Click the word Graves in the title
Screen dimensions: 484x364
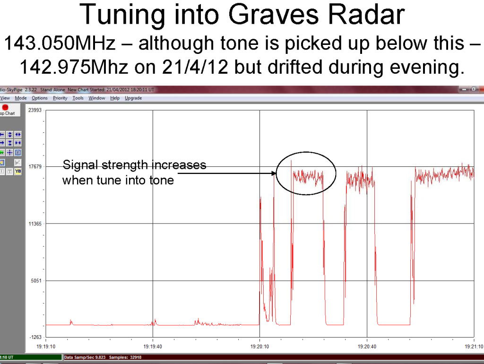(273, 15)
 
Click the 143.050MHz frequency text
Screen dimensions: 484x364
(60, 43)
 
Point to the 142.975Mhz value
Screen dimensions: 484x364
(74, 67)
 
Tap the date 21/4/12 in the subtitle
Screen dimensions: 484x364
(195, 67)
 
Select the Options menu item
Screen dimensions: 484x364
(40, 98)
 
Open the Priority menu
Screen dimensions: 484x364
(60, 98)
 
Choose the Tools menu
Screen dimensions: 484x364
(78, 98)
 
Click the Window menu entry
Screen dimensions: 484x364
(96, 98)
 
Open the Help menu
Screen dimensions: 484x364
(115, 98)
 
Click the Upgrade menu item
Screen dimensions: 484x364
(133, 98)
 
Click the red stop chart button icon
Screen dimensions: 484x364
(5, 107)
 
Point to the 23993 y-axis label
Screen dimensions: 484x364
(35, 110)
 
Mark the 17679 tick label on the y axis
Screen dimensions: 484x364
(35, 167)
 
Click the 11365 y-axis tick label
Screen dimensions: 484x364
(35, 224)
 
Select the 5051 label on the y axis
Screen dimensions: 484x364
(36, 281)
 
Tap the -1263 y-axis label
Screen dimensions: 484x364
(35, 337)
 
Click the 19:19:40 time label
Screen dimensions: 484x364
(153, 347)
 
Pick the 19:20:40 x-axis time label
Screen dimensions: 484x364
(367, 347)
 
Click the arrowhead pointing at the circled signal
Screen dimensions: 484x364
(274, 173)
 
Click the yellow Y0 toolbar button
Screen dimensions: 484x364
(18, 171)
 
